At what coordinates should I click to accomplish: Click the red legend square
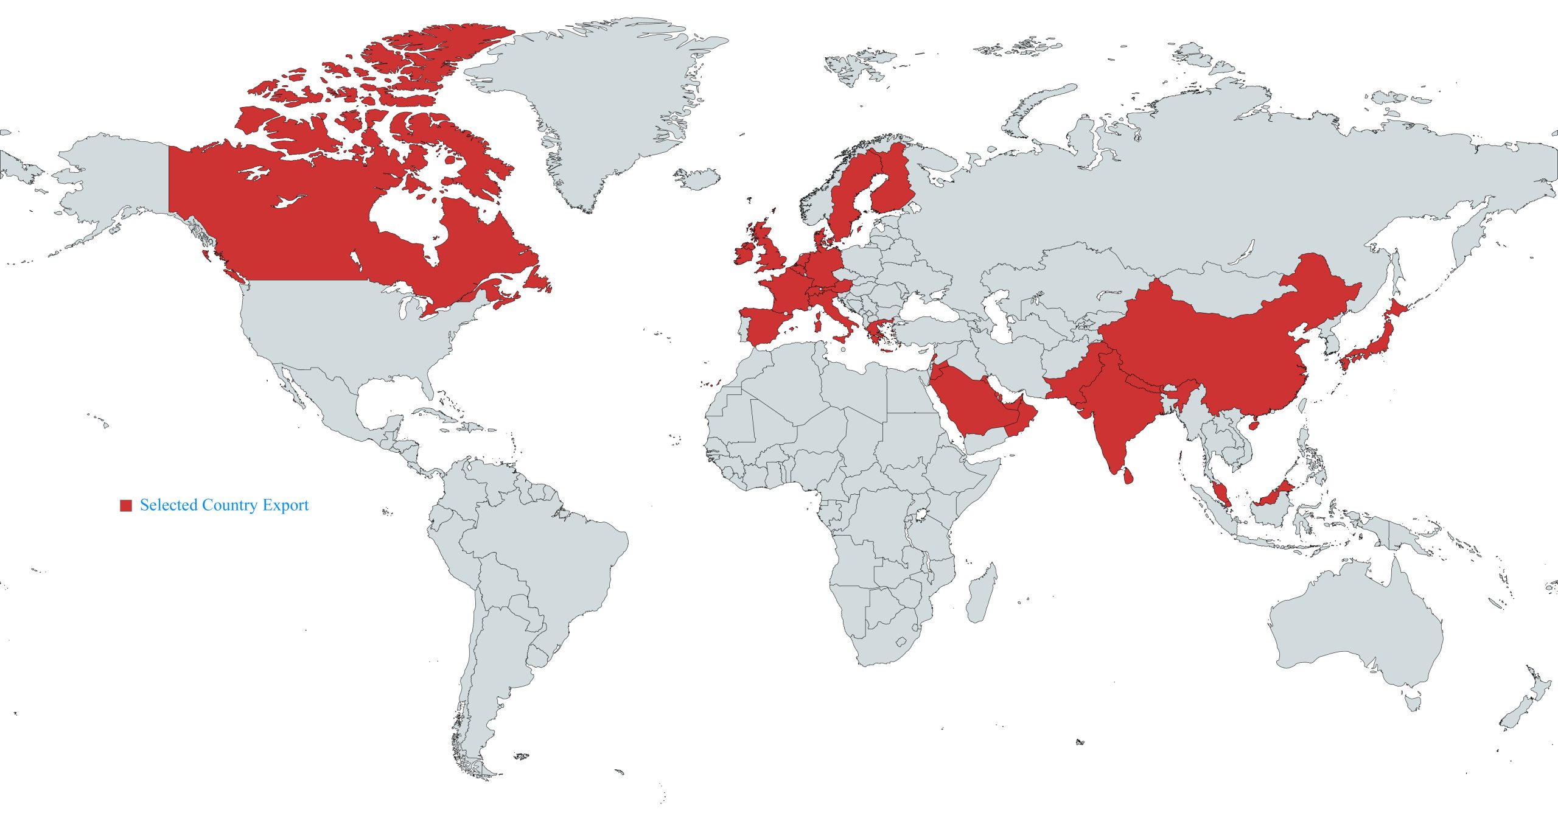[126, 505]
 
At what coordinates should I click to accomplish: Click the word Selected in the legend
[169, 505]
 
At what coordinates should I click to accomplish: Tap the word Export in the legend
[286, 505]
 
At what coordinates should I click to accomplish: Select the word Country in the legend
[230, 505]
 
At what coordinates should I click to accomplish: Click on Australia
[1357, 633]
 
